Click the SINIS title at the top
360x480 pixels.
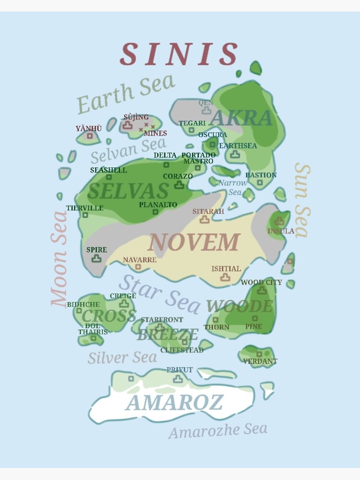[179, 54]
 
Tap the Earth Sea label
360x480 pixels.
[126, 94]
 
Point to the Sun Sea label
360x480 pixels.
[302, 200]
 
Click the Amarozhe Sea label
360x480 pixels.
[217, 430]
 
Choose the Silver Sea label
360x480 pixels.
[122, 358]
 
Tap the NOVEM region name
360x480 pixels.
[194, 242]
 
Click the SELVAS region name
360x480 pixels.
[129, 191]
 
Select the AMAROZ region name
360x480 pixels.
[174, 403]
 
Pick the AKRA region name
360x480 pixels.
[241, 118]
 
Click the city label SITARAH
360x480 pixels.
[208, 211]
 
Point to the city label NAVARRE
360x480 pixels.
[140, 260]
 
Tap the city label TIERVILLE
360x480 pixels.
[84, 208]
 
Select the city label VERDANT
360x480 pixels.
[260, 361]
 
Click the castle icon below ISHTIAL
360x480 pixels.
[225, 277]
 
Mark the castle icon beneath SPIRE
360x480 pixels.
[96, 258]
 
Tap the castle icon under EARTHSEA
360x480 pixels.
[235, 154]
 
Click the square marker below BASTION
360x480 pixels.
[260, 182]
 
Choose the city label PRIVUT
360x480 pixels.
[180, 370]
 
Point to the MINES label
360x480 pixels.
[156, 133]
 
